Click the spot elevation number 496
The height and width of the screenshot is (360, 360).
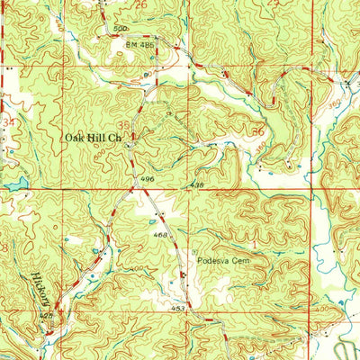point(145,179)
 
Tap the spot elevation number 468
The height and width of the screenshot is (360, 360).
point(162,236)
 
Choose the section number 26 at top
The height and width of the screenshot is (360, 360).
point(140,5)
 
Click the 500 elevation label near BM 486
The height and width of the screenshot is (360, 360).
point(121,29)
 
